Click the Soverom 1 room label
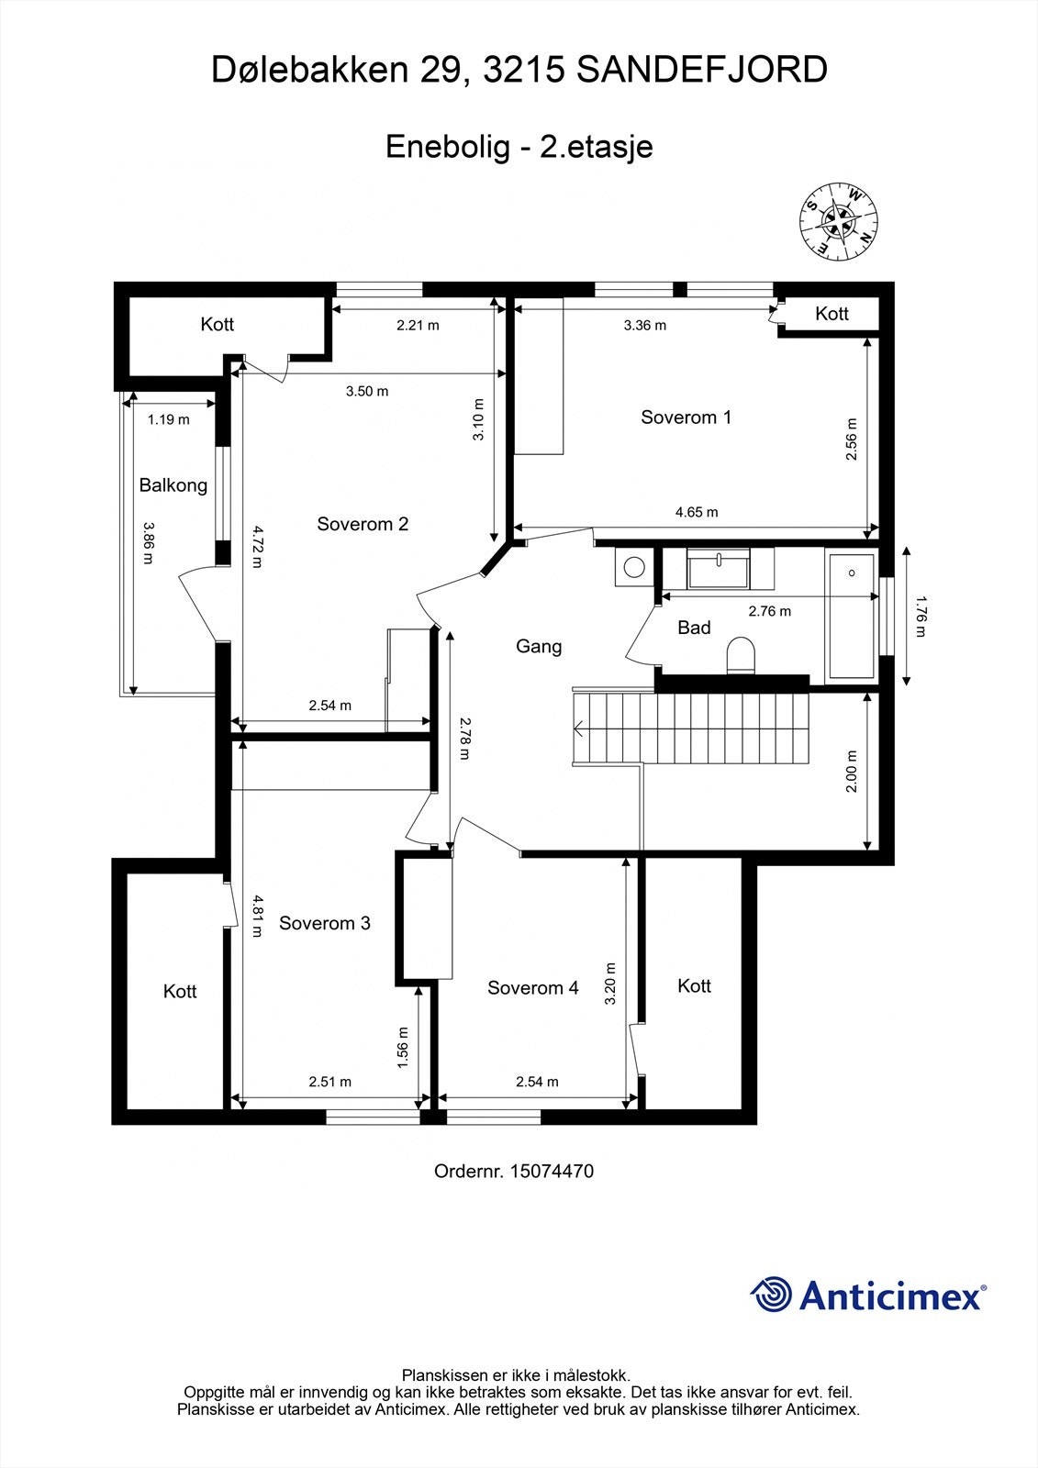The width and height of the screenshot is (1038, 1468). tap(686, 417)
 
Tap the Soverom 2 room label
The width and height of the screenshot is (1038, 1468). tap(363, 524)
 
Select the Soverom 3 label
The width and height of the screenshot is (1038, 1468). tap(324, 923)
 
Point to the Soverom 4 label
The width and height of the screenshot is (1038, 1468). tap(532, 988)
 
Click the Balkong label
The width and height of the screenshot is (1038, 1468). tap(173, 485)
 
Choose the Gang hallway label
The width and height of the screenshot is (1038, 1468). tap(539, 647)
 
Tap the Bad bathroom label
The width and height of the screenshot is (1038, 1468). tap(694, 628)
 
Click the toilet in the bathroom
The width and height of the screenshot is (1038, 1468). tap(741, 656)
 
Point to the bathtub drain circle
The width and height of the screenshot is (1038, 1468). tap(853, 573)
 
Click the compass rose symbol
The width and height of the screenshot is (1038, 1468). tap(837, 218)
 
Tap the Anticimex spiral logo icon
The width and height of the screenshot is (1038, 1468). tap(771, 1295)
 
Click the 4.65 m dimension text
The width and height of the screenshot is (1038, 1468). tap(697, 512)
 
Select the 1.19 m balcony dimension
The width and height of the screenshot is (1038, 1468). tap(168, 420)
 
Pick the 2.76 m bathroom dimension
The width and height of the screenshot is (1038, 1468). tap(769, 611)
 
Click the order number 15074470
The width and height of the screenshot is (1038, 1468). tap(552, 1171)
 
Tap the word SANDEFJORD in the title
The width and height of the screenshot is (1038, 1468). tap(702, 70)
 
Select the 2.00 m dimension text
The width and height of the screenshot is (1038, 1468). tap(851, 772)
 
